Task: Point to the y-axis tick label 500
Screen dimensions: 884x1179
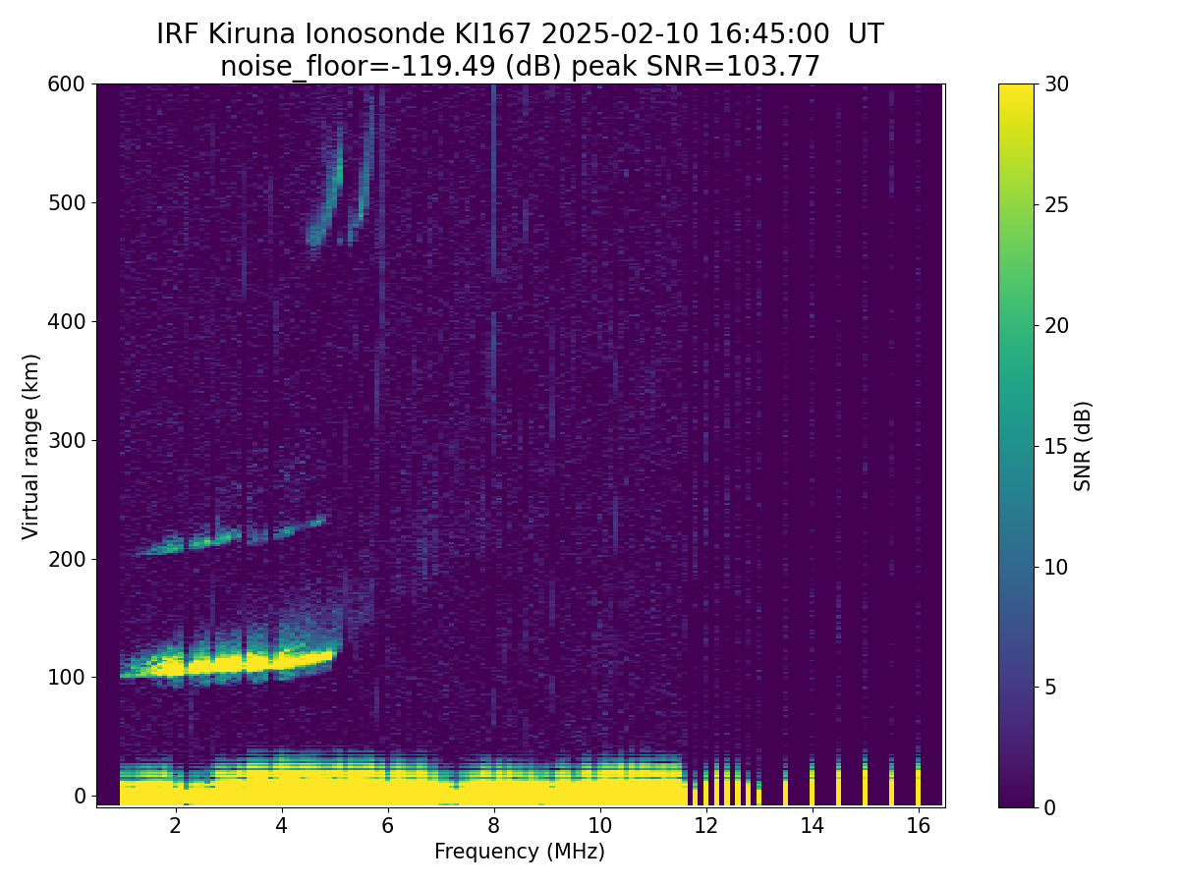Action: [x=67, y=203]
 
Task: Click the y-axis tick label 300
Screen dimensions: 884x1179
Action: [x=67, y=440]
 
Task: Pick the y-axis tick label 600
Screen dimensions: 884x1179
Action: [x=67, y=84]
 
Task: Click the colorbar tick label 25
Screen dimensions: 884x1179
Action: [x=1058, y=204]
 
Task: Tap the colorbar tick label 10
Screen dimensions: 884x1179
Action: [x=1058, y=567]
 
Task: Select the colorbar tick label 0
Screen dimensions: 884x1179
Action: [x=1052, y=807]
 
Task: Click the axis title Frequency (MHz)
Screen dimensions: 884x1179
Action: [x=520, y=852]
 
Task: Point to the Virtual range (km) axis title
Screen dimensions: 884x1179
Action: [x=31, y=446]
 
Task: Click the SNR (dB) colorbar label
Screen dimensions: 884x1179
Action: [x=1083, y=446]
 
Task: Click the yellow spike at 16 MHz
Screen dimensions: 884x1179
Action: [x=918, y=786]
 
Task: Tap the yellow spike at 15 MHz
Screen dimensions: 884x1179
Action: [x=865, y=786]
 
